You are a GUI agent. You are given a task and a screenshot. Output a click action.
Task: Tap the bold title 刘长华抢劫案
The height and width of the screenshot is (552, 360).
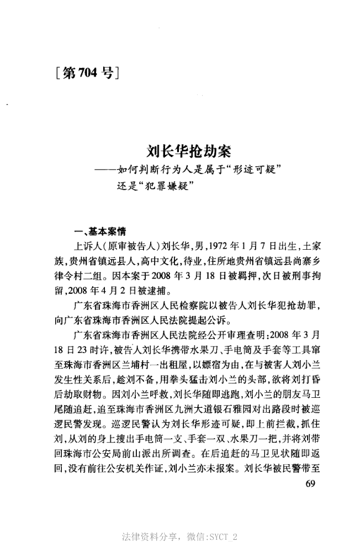[x=189, y=150]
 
